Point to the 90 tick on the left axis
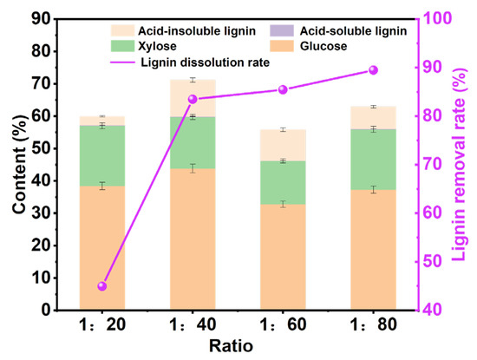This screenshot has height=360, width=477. (x=44, y=18)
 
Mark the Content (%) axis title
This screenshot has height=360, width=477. (x=16, y=164)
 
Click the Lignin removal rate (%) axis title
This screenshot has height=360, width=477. (x=463, y=164)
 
